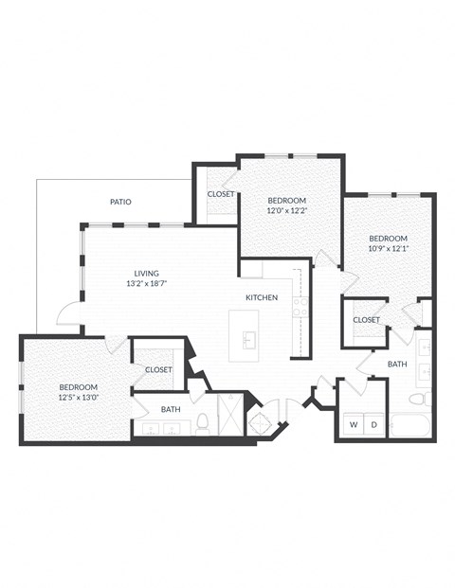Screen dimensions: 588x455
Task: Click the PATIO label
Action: coord(120,202)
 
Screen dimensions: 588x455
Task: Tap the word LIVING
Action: coord(146,272)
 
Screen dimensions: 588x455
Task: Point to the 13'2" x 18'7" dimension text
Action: coord(146,283)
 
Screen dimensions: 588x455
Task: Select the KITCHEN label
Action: coord(262,298)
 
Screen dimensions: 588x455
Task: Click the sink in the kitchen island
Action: coord(249,339)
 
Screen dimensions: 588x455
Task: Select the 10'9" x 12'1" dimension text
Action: coord(388,249)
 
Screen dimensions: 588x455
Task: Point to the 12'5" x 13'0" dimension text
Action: coord(78,399)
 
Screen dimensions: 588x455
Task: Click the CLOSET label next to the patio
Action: coord(221,194)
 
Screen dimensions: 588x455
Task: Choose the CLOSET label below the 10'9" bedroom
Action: coord(366,320)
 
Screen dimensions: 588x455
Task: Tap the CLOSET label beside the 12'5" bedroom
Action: coord(158,370)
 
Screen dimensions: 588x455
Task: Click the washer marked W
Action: coord(353,424)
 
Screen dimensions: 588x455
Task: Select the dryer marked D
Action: coord(373,424)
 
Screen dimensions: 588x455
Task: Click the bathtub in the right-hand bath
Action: coord(410,423)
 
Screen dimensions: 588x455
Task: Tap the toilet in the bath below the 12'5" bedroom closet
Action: coord(203,420)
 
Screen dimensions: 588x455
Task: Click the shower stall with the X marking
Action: coord(230,414)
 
